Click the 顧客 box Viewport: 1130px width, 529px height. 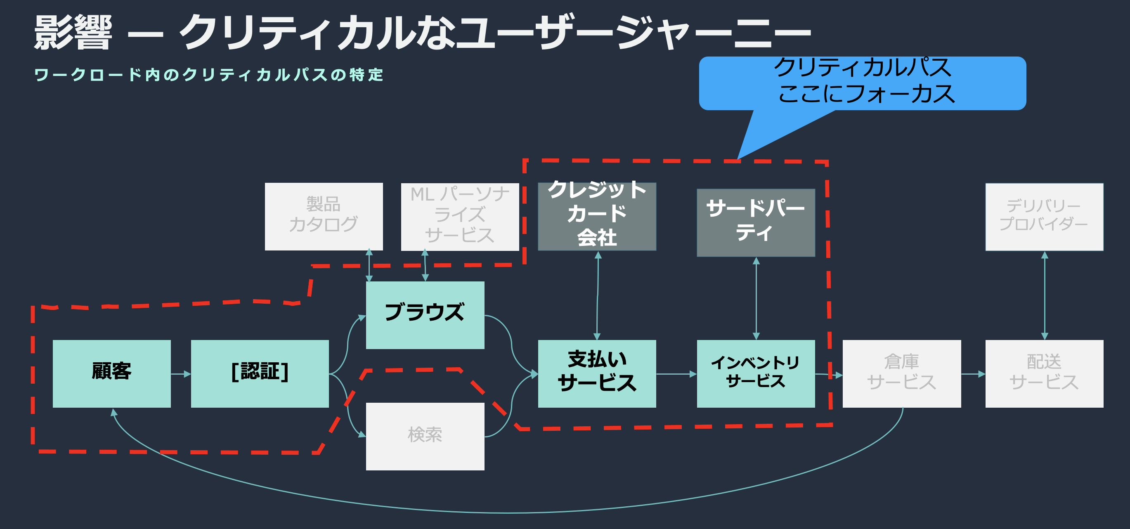(x=111, y=373)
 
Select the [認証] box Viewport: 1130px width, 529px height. (x=260, y=373)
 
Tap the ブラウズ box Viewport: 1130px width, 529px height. (x=425, y=315)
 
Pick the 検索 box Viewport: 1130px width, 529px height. (x=425, y=436)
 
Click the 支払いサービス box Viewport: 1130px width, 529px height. (x=597, y=373)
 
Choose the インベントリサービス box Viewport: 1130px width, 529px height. (x=755, y=373)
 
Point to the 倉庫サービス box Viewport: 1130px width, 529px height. (x=901, y=373)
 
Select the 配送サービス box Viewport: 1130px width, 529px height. (x=1044, y=373)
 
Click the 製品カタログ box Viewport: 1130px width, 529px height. (x=324, y=216)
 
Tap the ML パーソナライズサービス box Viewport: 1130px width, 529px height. (x=460, y=216)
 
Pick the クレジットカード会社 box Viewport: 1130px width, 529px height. (x=597, y=216)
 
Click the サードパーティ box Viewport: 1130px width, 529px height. (x=755, y=222)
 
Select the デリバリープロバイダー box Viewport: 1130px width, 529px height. (x=1044, y=216)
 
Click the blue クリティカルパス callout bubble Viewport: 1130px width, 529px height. (x=862, y=83)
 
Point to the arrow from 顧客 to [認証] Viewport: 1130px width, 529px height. (x=181, y=374)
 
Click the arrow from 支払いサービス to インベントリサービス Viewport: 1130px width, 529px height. (x=676, y=374)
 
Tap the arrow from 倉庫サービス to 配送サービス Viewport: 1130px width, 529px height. (x=973, y=374)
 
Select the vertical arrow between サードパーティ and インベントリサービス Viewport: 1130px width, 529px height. (x=756, y=298)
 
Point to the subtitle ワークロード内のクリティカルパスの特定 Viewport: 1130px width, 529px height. (x=209, y=75)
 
